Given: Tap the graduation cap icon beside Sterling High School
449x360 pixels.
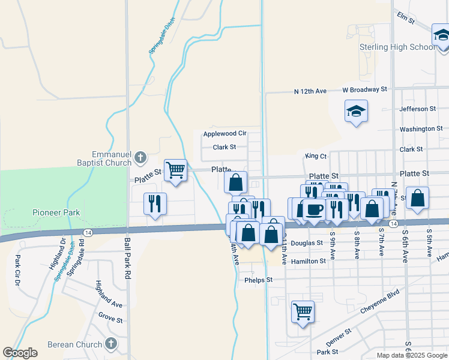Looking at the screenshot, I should [x=441, y=35].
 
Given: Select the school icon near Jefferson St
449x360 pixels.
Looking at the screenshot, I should [x=356, y=111].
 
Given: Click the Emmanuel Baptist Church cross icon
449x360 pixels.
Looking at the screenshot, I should [x=140, y=158].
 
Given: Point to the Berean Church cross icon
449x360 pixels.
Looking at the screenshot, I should [x=110, y=344].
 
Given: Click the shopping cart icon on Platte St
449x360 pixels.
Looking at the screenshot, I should [x=175, y=170].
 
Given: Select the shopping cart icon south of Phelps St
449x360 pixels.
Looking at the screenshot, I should [x=303, y=311].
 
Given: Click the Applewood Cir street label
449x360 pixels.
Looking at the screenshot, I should [x=225, y=133].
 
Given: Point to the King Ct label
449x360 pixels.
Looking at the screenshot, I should [x=316, y=155].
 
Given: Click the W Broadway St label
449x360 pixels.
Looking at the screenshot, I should [x=365, y=89].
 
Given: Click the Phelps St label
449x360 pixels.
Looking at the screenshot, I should [x=258, y=280].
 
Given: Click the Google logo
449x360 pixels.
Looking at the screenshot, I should [x=20, y=353].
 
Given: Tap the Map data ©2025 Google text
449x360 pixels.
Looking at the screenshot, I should [x=411, y=355].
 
